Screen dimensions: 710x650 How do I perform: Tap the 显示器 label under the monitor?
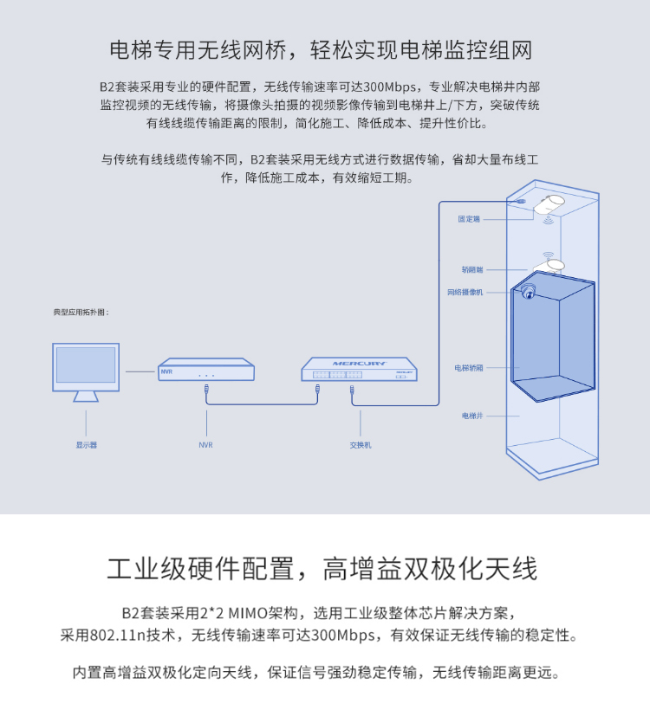tap(87, 445)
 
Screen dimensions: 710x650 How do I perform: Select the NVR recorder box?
tap(206, 370)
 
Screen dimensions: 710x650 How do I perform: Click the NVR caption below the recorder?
tap(205, 445)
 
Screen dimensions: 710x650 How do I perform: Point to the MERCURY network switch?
tap(359, 370)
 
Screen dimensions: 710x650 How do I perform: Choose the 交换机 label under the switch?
tap(360, 445)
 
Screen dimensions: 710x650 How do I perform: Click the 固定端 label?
tap(469, 219)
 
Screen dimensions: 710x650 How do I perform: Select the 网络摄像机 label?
tap(465, 293)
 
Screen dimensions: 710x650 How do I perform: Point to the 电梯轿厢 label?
tap(469, 368)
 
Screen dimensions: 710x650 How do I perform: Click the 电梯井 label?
tap(471, 416)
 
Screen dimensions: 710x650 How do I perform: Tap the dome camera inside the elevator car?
tap(528, 292)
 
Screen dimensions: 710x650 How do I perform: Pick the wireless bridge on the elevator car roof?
tap(553, 263)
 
